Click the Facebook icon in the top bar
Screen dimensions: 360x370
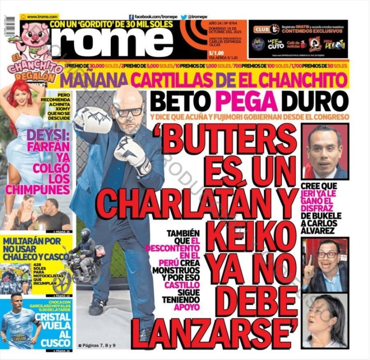pos(131,17)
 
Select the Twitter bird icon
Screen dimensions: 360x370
pos(184,17)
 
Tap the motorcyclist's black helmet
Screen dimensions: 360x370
pos(86,233)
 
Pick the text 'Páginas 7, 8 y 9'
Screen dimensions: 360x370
pos(97,345)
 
